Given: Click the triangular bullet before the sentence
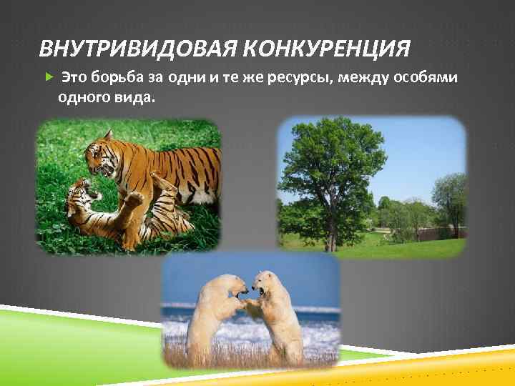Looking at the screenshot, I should tap(48, 76).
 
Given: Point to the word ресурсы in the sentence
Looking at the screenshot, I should tap(291, 76).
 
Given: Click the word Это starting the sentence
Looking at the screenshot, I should tap(73, 76).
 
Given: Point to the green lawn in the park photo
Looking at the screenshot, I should tap(401, 247).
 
